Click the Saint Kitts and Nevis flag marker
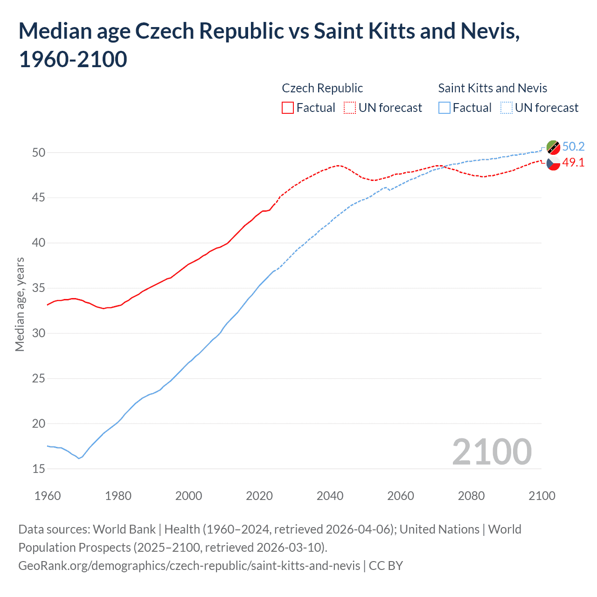tap(553, 147)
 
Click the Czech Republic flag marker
tap(553, 164)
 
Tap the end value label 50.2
tap(573, 146)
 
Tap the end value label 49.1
tap(573, 162)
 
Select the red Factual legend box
tap(288, 108)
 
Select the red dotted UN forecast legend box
tap(350, 108)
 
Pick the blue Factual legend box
tap(444, 108)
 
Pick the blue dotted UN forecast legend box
tap(506, 108)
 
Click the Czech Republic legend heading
tap(322, 88)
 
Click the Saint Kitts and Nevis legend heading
tap(493, 88)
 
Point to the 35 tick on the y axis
tap(39, 288)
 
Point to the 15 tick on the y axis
tap(39, 469)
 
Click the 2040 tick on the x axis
tap(330, 496)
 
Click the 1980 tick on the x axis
tap(118, 496)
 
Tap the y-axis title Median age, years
tap(20, 304)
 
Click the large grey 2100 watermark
tap(492, 452)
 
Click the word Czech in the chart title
tap(158, 31)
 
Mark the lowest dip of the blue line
tap(79, 458)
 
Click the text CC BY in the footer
tap(386, 566)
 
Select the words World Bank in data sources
tap(124, 529)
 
